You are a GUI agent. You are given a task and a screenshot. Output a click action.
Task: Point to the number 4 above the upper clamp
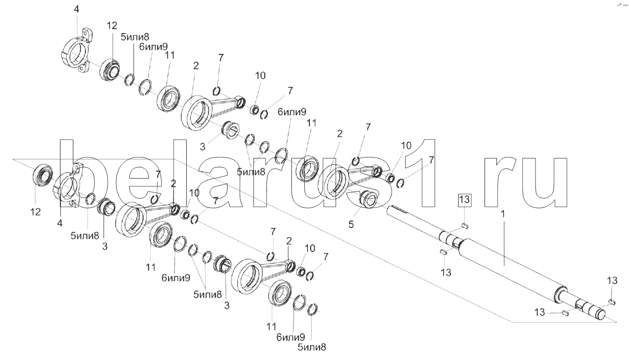point(76,9)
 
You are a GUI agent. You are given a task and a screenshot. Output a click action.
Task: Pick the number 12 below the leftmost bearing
point(35,212)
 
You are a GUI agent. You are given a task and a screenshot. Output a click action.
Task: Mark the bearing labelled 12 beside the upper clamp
point(111,70)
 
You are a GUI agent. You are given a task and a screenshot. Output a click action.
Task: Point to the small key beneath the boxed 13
point(464,224)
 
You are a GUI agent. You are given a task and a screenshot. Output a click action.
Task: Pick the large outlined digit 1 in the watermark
point(423,173)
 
